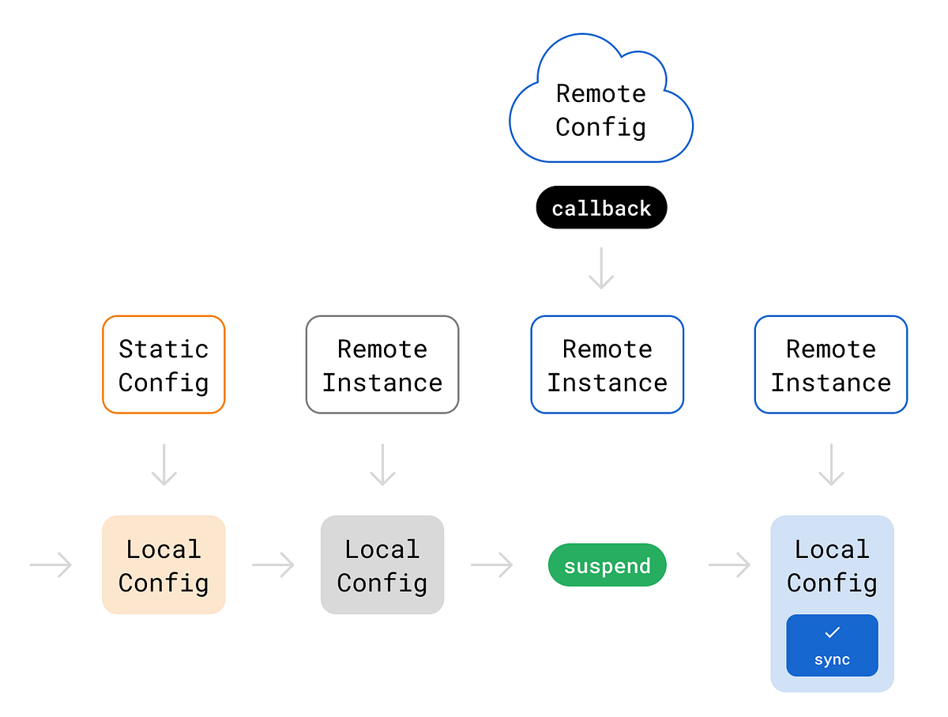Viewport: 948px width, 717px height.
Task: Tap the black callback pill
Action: coord(601,209)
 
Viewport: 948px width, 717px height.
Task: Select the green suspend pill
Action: coord(607,566)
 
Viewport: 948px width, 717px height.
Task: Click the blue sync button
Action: coord(832,645)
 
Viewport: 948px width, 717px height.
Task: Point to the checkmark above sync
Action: coord(832,632)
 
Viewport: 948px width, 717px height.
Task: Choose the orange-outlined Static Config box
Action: coord(164,364)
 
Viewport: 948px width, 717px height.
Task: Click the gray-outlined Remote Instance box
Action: coord(382,364)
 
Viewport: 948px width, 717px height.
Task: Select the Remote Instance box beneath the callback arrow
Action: coord(607,364)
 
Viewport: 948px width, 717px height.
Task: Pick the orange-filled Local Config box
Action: coord(164,565)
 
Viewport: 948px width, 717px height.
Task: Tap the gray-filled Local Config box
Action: coord(382,565)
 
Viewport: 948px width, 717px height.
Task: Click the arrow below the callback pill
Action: coord(601,268)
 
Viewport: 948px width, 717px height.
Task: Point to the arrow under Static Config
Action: coord(164,464)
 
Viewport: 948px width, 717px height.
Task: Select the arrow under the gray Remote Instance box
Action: coord(382,464)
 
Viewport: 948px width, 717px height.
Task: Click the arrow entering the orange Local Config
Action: coord(51,565)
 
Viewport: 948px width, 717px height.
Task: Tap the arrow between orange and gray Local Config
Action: coord(273,565)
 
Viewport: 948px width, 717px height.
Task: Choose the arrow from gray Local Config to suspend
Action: coord(491,565)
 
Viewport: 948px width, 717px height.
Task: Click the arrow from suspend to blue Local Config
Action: coord(729,565)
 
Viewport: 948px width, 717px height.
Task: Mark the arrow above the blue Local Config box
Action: coord(831,464)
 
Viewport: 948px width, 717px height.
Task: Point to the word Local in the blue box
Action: coord(831,549)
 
